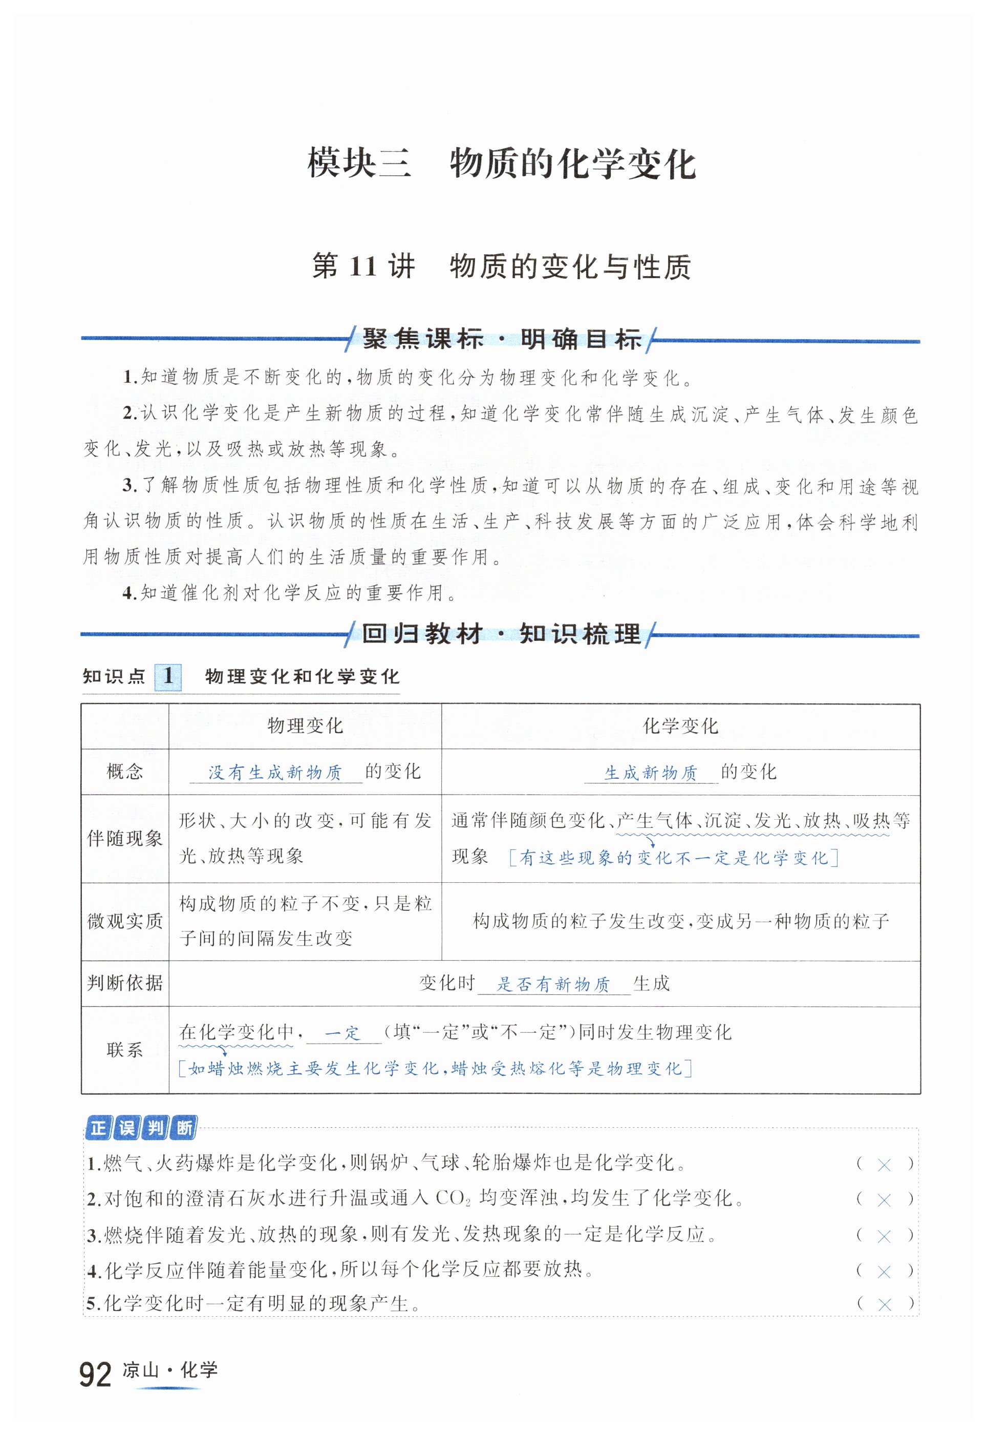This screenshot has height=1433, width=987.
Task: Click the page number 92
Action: (95, 1374)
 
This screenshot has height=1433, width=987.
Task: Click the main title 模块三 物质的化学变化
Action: (502, 164)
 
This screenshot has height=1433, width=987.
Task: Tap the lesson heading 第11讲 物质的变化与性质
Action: (502, 267)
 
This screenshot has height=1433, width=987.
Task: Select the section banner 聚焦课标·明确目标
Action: (502, 339)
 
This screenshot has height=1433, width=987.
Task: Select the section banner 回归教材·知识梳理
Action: (502, 634)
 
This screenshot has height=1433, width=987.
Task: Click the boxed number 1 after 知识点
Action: (167, 676)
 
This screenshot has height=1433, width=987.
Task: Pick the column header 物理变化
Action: (305, 726)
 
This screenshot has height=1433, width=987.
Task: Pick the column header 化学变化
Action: (680, 726)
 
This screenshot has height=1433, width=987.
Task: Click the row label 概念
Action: (124, 772)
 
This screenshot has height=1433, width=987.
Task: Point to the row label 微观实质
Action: (124, 921)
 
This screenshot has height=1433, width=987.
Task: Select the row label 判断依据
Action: (124, 983)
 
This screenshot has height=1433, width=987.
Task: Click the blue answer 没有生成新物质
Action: (275, 773)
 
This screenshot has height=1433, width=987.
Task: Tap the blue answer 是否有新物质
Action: (553, 984)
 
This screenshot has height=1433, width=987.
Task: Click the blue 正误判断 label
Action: (141, 1128)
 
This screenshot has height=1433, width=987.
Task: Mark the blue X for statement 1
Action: (884, 1165)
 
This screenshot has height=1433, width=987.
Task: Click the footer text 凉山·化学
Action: (170, 1370)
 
